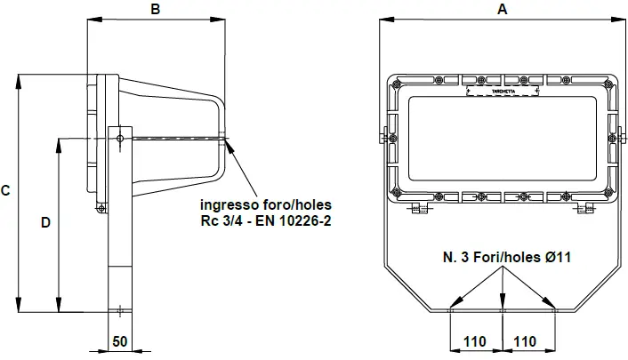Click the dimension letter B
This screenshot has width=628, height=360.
[156, 10]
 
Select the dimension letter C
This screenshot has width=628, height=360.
[6, 190]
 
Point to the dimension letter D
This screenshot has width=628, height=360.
[45, 223]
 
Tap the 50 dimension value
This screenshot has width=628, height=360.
[119, 341]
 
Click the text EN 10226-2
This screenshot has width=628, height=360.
[292, 220]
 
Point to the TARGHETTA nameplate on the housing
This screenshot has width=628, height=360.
[503, 91]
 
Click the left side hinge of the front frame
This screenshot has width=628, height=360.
[386, 135]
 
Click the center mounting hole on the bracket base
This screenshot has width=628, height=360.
[503, 310]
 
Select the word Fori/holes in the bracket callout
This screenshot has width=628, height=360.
[507, 257]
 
